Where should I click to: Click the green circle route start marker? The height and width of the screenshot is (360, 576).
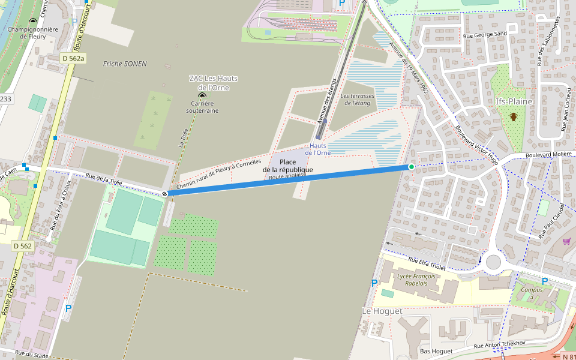411,167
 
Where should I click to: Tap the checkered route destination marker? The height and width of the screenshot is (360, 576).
164,193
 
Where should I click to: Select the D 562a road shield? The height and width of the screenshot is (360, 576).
73,58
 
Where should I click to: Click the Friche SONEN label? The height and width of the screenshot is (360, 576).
125,64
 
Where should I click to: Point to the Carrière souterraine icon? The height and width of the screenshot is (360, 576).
202,95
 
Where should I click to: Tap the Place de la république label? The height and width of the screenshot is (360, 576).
288,166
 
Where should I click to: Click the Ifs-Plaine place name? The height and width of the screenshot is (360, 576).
514,101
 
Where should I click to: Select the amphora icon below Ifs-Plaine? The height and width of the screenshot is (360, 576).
514,116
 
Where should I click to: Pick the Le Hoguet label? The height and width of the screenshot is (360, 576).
382,311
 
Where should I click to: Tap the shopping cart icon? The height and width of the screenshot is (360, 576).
566,241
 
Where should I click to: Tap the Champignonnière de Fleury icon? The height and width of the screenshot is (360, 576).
33,21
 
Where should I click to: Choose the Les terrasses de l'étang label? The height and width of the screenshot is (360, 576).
356,100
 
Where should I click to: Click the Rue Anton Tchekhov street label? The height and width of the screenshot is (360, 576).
499,344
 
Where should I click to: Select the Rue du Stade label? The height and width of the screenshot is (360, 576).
31,355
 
